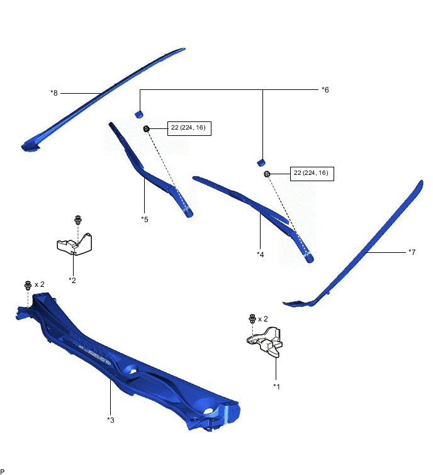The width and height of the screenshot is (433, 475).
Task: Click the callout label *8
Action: (53, 93)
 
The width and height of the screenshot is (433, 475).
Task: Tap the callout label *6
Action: (325, 90)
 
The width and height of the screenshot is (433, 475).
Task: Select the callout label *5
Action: (144, 220)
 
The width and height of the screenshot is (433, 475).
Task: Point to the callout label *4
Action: (260, 254)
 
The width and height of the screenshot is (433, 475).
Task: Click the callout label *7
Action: (412, 252)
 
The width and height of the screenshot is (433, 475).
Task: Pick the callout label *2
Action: (72, 280)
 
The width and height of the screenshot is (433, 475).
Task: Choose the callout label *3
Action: (110, 419)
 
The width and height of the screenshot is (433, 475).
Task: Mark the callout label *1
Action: (276, 386)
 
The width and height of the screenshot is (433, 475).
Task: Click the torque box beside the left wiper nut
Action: (189, 128)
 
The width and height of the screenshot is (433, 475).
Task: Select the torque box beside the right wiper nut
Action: (312, 174)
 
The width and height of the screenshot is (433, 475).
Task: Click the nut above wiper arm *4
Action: (267, 174)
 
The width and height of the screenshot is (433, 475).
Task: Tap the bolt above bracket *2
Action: (78, 220)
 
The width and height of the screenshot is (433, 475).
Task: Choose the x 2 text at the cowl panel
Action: (40, 284)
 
